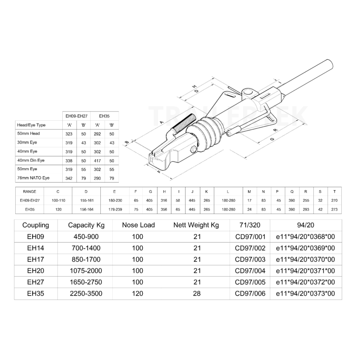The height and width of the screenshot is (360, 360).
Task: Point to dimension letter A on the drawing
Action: click(162, 122)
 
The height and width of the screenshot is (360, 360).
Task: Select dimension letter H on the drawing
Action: click(195, 86)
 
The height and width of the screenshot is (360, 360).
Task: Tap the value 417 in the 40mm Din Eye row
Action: click(98, 161)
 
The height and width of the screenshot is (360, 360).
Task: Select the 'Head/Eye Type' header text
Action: click(31, 125)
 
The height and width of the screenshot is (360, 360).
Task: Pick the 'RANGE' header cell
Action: click(30, 191)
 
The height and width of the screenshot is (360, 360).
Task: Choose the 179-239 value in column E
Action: click(115, 209)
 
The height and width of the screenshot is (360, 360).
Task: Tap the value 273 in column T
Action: click(335, 209)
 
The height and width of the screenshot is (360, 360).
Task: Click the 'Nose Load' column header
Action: click(138, 225)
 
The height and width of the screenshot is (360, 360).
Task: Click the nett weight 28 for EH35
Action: click(197, 294)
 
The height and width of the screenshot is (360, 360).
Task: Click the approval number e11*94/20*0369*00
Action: click(306, 248)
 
